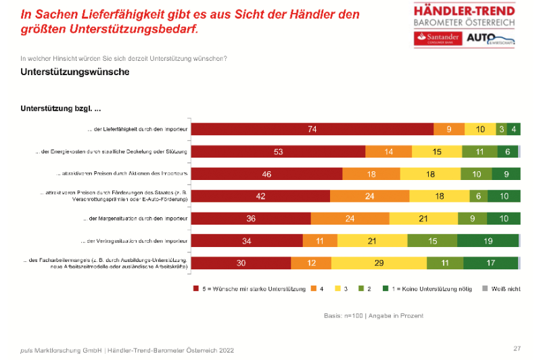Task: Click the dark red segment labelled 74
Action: pyautogui.click(x=312, y=129)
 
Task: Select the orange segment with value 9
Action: pyautogui.click(x=449, y=129)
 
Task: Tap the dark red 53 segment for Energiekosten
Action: pyautogui.click(x=278, y=152)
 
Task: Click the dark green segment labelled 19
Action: pyautogui.click(x=488, y=241)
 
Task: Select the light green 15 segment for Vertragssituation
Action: pyautogui.click(x=431, y=241)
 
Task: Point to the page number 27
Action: pyautogui.click(x=517, y=348)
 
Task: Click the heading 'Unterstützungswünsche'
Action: pyautogui.click(x=75, y=72)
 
